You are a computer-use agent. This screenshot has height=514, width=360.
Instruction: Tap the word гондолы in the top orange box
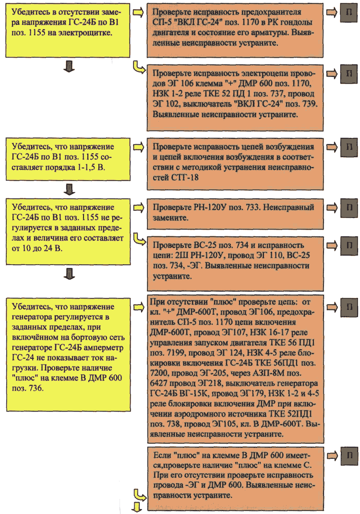point(295,22)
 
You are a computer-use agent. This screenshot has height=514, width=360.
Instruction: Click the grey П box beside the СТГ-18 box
point(348,147)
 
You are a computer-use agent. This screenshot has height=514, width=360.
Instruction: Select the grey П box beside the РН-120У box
point(348,208)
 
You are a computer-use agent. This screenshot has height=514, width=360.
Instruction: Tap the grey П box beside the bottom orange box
point(348,456)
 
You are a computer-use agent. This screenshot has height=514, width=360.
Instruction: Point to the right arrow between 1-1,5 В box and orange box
point(139,147)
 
